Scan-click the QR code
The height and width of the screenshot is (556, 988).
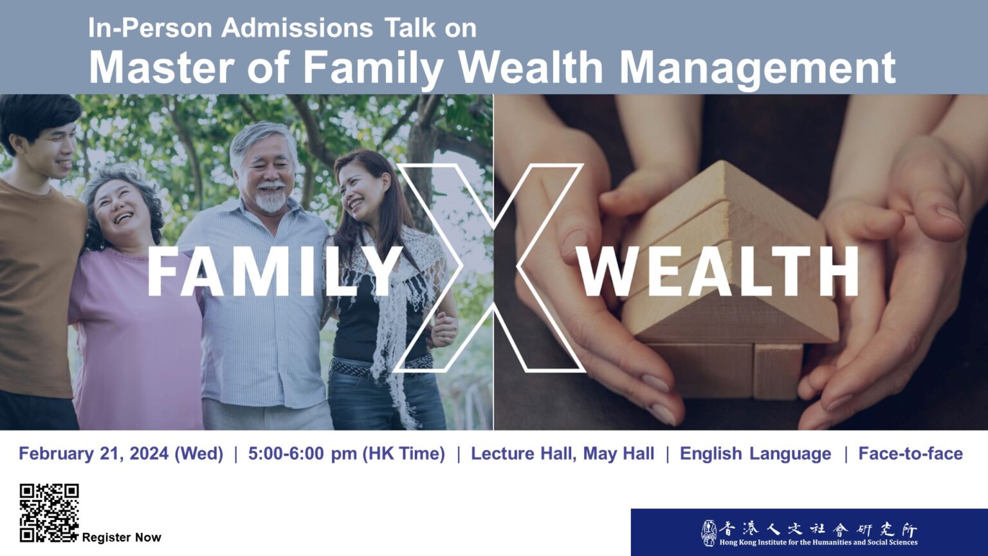[49, 513]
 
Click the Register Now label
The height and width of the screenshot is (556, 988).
[122, 537]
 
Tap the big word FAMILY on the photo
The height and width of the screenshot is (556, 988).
[275, 272]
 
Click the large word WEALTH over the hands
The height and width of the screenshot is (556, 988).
[719, 272]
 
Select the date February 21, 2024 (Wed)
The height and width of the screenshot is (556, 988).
[121, 454]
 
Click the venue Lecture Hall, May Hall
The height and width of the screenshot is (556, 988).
[562, 454]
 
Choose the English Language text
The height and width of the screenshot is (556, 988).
[756, 454]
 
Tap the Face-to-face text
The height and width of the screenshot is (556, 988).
[910, 454]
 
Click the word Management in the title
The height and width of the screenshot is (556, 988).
[758, 68]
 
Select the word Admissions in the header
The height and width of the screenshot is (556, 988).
[297, 28]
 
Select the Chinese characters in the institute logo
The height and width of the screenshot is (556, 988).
[818, 529]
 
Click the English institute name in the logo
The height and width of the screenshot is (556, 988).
[818, 542]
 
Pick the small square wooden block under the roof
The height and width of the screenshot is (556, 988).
[778, 371]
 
